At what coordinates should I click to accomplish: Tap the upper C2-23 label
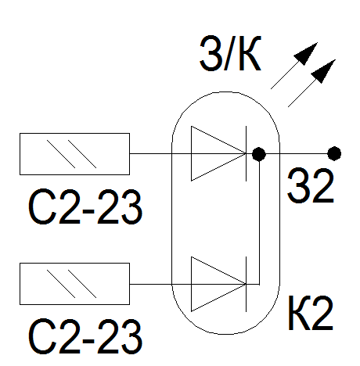click(85, 206)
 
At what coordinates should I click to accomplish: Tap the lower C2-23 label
click(85, 336)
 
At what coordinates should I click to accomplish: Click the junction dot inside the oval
click(259, 154)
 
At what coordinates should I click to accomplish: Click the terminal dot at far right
click(334, 153)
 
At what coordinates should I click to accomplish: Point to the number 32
click(311, 185)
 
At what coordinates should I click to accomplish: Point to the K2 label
click(311, 313)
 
